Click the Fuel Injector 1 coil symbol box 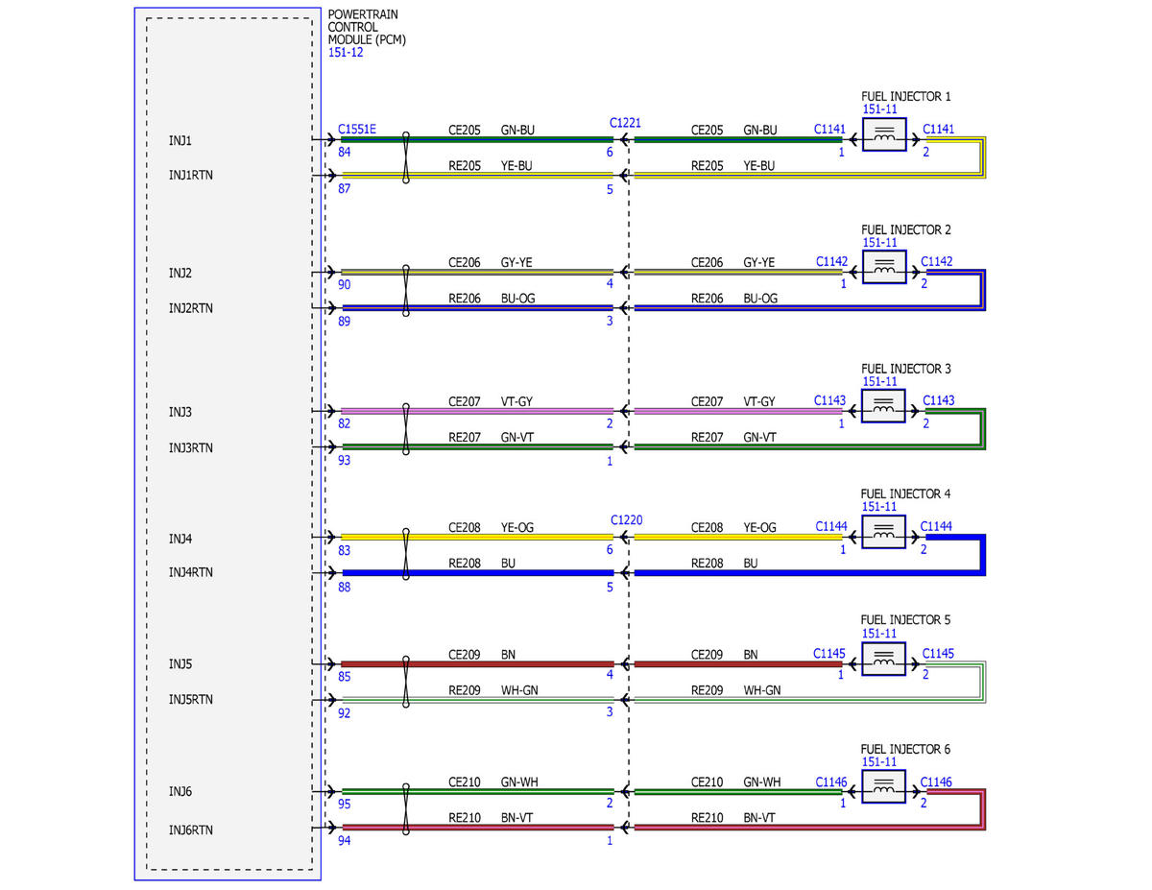coord(884,134)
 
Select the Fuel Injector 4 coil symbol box coord(883,532)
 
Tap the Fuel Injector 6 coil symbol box coord(883,786)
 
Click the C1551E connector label coord(357,129)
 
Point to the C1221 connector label coord(625,123)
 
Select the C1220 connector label coord(626,520)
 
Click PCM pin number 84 coord(344,152)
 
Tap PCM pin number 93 coord(344,460)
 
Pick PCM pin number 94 coord(344,840)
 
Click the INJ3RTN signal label coord(190,448)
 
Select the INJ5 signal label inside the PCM coord(180,663)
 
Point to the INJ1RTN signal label coord(190,175)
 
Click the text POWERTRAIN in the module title coord(363,14)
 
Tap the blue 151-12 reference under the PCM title coord(346,53)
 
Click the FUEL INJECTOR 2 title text coord(905,229)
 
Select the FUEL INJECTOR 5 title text coord(905,619)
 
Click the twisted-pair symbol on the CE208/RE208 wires coord(405,554)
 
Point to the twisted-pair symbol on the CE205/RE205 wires coord(405,157)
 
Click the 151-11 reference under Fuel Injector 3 coord(879,381)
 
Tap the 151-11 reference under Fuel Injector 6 coord(879,761)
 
